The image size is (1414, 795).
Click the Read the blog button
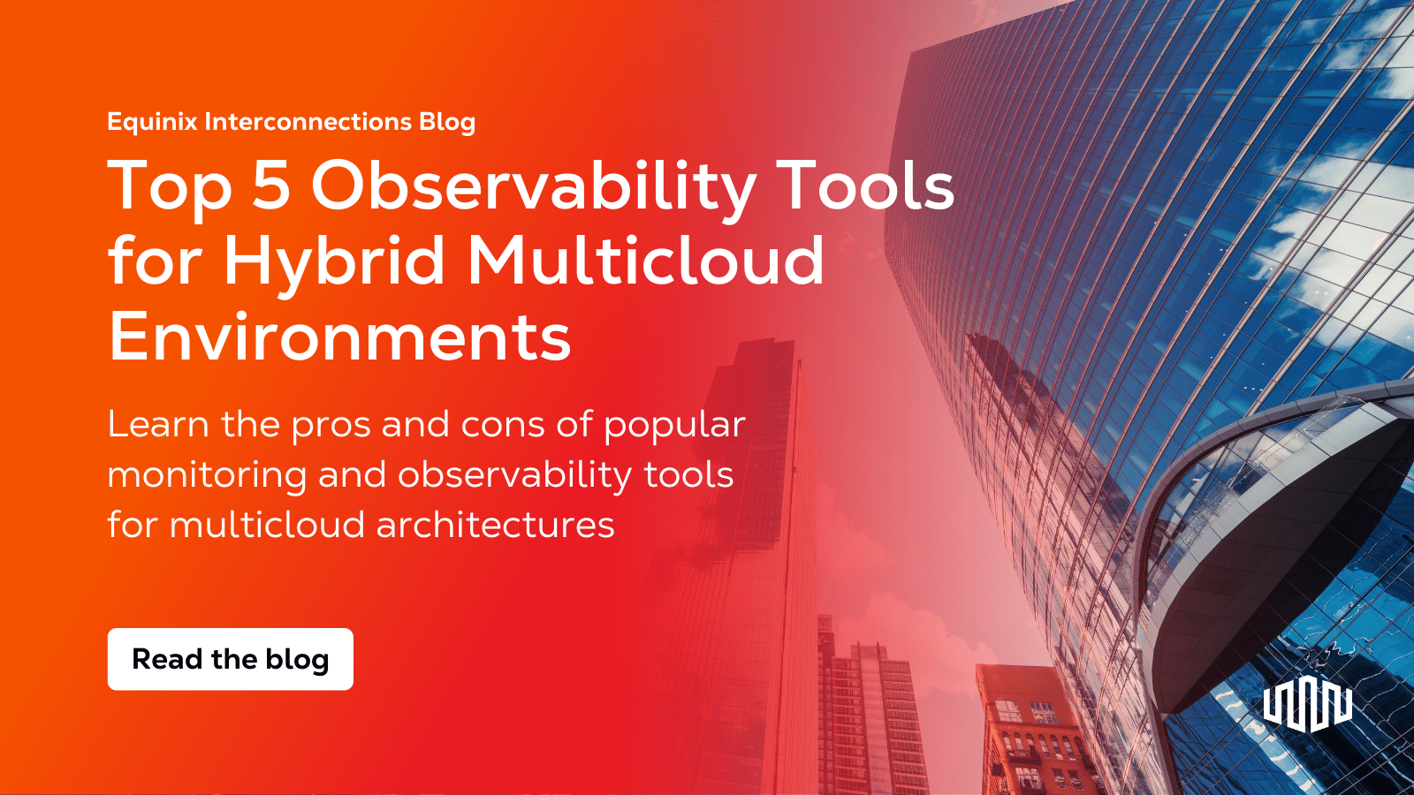click(x=230, y=659)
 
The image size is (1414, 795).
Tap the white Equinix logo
click(x=1307, y=706)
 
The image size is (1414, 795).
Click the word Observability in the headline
click(x=533, y=186)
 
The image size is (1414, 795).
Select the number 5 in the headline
click(x=271, y=186)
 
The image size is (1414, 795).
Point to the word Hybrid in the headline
click(x=334, y=261)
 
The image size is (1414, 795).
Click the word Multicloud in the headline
click(x=645, y=261)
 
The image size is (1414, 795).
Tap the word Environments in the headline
click(x=340, y=337)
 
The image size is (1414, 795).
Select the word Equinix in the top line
click(x=152, y=122)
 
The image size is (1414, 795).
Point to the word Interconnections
click(x=308, y=122)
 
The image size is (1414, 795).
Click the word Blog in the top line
click(x=447, y=122)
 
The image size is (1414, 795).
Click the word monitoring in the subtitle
click(x=207, y=476)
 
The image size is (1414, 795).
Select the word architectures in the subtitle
click(x=495, y=526)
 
